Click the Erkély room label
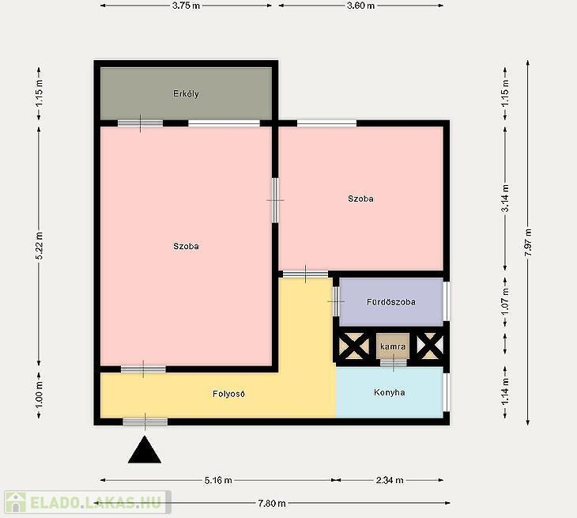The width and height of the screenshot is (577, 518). [186, 94]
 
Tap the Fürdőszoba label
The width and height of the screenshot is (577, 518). [391, 302]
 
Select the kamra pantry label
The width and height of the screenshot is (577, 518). [393, 346]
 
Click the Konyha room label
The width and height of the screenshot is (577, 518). [390, 392]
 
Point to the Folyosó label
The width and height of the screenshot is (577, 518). [228, 394]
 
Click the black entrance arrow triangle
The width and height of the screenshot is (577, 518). [145, 449]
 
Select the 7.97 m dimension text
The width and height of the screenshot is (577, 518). [528, 243]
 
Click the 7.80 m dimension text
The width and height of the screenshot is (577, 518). [272, 503]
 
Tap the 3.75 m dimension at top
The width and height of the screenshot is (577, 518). [186, 6]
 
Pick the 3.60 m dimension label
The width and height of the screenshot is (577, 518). [360, 6]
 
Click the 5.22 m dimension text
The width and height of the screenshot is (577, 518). [40, 246]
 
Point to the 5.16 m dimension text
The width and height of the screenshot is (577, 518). [218, 481]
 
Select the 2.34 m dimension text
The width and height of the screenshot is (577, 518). [390, 481]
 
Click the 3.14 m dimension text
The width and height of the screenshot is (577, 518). [506, 199]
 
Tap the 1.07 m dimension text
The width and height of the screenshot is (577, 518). [506, 301]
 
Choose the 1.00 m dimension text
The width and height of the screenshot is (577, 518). [40, 395]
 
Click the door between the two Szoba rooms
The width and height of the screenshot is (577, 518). [275, 200]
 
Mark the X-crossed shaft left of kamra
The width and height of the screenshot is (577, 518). [354, 346]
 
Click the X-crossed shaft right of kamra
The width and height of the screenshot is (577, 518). [430, 346]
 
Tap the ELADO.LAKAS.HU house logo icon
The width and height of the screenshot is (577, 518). [15, 502]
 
